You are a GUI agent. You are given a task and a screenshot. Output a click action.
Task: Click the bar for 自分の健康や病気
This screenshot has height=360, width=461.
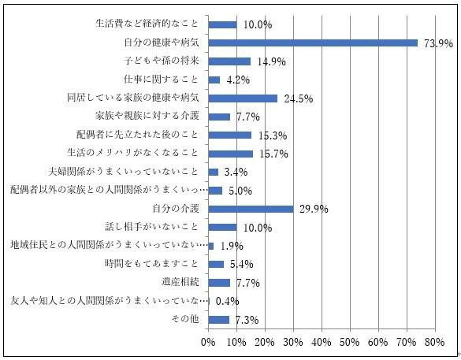[313, 43]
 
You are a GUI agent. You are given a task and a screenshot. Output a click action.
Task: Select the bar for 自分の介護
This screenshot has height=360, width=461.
[251, 209]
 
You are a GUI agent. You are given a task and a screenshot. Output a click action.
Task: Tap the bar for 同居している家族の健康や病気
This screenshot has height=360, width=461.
[243, 98]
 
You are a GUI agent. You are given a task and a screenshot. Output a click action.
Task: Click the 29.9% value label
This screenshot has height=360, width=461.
[312, 210]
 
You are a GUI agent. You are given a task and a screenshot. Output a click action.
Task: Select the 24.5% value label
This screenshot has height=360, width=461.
[298, 99]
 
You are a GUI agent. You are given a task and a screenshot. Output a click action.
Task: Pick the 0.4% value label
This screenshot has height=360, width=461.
[227, 302]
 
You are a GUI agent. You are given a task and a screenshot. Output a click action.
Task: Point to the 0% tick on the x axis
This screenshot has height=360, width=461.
[208, 342]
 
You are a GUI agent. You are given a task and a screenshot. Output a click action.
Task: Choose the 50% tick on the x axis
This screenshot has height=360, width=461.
[349, 342]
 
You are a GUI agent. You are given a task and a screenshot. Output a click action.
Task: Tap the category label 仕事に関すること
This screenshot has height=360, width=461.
[163, 80]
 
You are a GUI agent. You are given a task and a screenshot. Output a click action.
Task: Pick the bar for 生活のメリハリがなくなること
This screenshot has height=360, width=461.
[230, 154]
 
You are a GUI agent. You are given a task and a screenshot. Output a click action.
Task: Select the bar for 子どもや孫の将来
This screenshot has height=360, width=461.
[229, 61]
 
